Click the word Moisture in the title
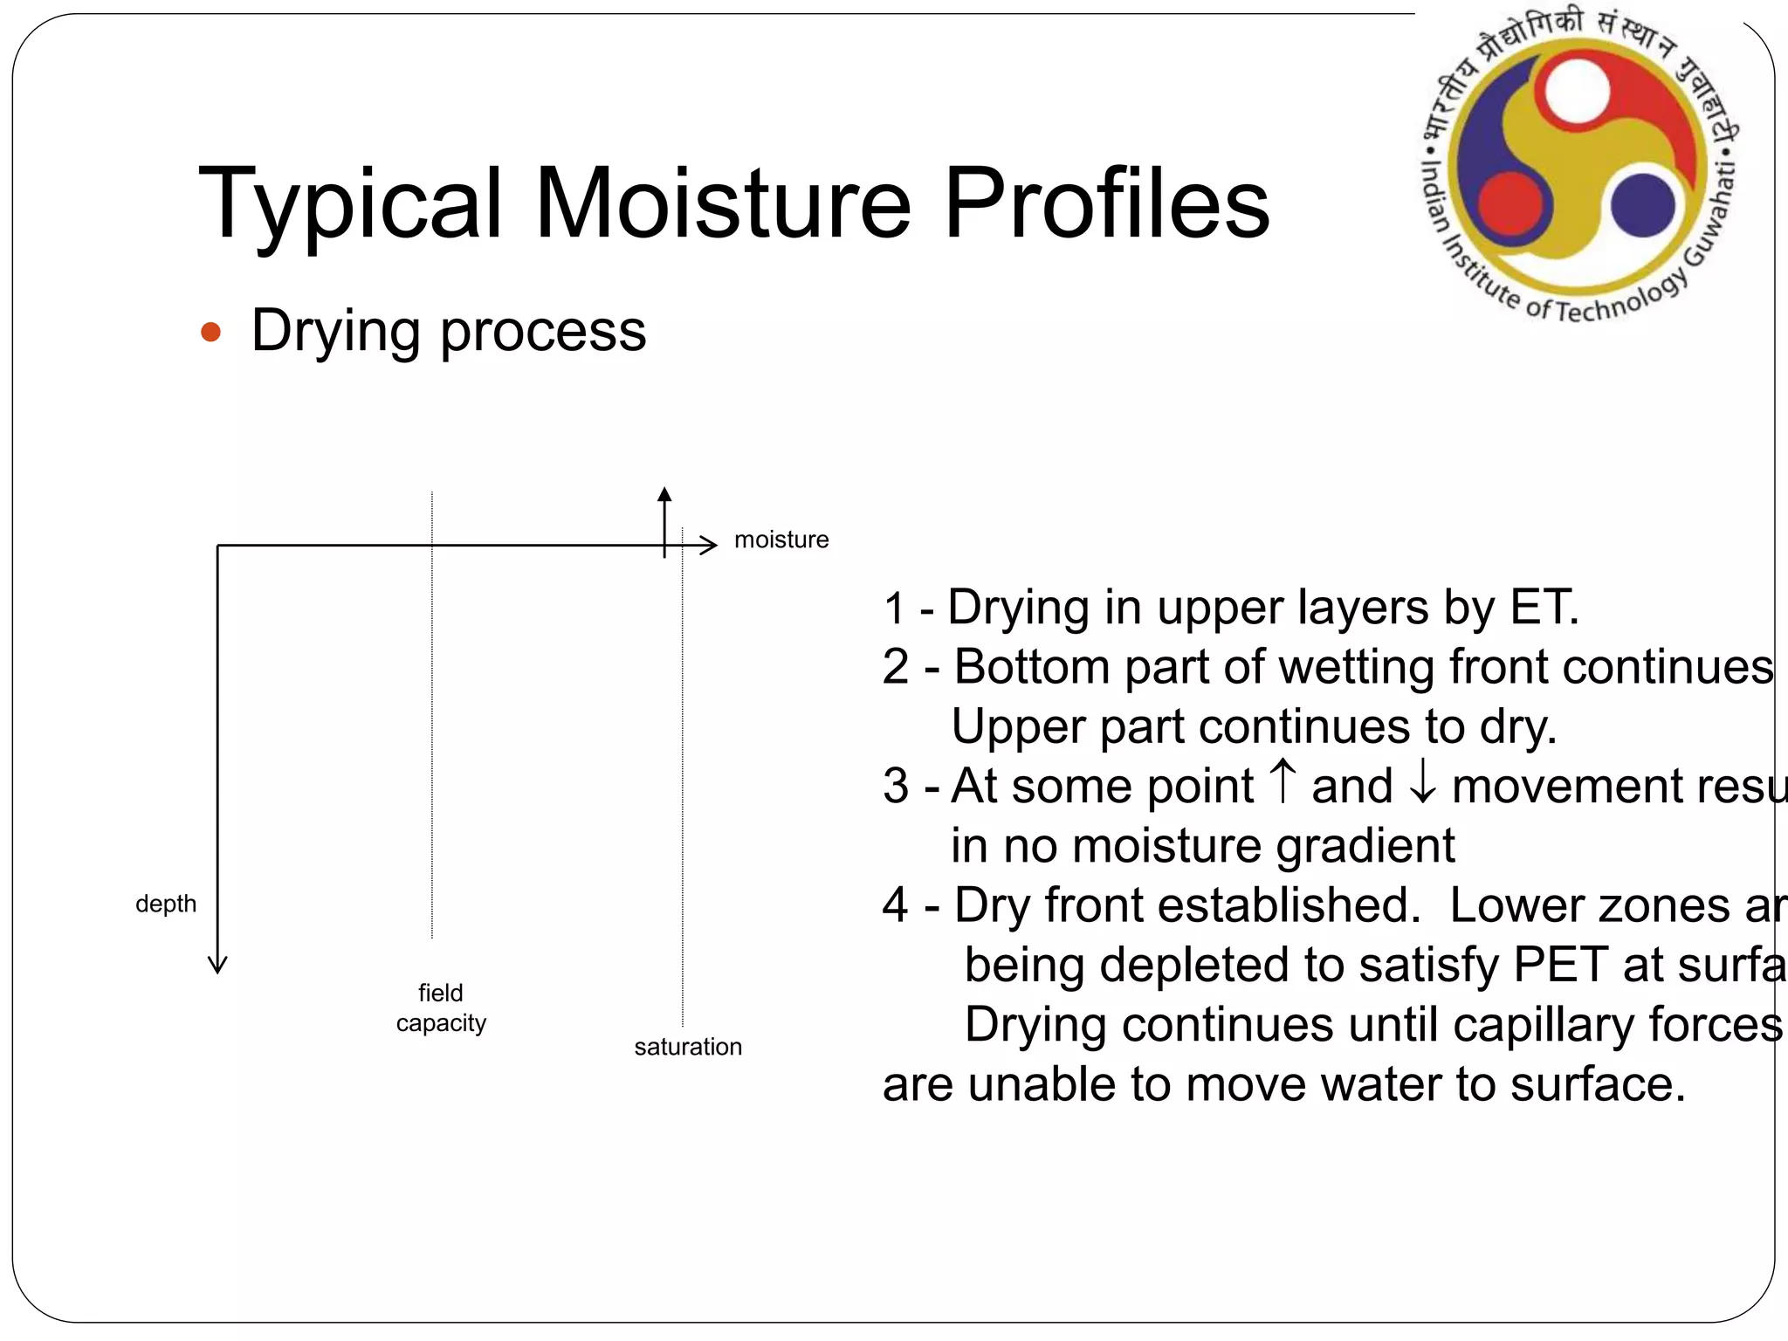tap(723, 203)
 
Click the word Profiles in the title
tap(1106, 203)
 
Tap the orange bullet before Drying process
tap(210, 333)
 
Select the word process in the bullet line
tap(543, 333)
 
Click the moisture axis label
tap(781, 540)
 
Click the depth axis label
tap(166, 904)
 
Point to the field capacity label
tap(441, 1007)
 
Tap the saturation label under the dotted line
tap(688, 1047)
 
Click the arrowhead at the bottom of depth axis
tap(217, 965)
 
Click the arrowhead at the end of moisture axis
tap(710, 546)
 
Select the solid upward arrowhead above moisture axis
tap(664, 494)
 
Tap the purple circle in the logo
tap(1643, 205)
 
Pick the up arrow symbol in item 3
tap(1283, 781)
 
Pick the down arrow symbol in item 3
tap(1422, 784)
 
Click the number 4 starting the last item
tap(895, 905)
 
